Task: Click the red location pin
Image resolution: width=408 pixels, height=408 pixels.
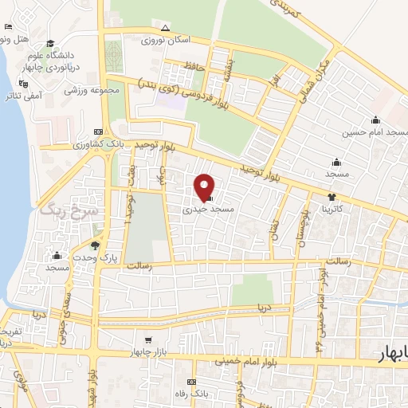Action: (x=205, y=186)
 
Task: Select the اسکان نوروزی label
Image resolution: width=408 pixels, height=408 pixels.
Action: (x=164, y=38)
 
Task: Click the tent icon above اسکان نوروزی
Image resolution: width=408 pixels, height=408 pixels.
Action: (x=165, y=26)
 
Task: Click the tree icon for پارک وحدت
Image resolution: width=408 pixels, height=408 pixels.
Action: (x=95, y=245)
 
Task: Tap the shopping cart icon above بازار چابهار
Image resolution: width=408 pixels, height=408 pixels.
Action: (x=147, y=340)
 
